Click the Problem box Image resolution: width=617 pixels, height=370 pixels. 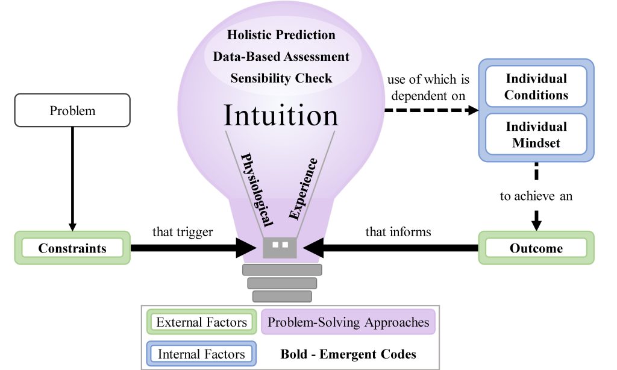coord(72,110)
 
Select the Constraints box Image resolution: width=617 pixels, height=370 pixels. coord(72,248)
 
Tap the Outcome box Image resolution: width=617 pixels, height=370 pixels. coord(536,248)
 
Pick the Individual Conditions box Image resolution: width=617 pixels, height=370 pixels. coord(536,87)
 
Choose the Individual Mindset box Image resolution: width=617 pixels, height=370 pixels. coord(536,134)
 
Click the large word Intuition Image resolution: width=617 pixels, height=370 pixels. coord(281,115)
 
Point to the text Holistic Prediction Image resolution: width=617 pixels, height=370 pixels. coord(281,34)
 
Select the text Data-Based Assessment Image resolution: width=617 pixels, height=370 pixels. coord(281,57)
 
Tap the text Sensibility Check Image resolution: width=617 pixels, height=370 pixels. coord(281,78)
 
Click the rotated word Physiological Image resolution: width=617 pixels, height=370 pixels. coord(257,190)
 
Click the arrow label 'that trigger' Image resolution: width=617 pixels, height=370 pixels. coord(183,232)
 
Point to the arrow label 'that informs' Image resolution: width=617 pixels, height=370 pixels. coord(398,232)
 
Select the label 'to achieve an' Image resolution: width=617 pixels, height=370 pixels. coord(536,196)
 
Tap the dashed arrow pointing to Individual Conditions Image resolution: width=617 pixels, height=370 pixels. coord(431,110)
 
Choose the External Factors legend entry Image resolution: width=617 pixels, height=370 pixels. coord(201,322)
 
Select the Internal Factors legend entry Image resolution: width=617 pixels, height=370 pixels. coord(201,354)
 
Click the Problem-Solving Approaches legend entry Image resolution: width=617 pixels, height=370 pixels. coord(348,322)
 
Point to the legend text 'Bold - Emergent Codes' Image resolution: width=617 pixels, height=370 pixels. coord(348,354)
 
